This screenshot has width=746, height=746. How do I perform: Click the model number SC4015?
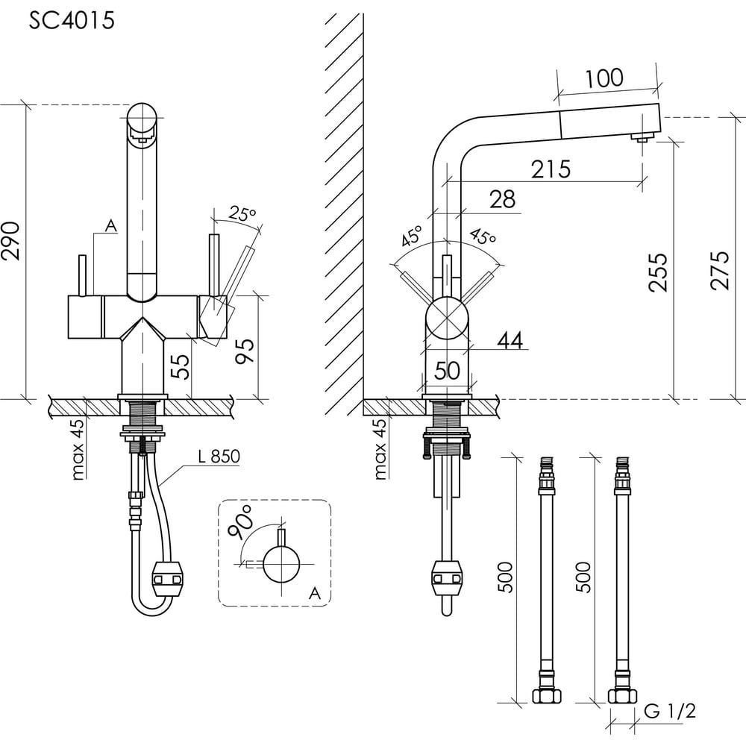(72, 20)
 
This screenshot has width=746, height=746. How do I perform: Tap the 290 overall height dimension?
(11, 241)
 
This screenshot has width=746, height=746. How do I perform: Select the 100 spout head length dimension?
(604, 78)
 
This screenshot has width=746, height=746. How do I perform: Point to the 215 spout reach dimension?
(551, 169)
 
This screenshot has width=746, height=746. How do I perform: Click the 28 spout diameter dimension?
(502, 200)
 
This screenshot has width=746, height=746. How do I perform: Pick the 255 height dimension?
(659, 272)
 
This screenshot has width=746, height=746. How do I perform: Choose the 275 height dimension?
(720, 270)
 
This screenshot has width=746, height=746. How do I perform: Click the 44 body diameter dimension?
(510, 341)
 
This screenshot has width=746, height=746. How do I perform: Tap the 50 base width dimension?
(447, 371)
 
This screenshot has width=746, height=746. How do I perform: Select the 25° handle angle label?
(242, 213)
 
